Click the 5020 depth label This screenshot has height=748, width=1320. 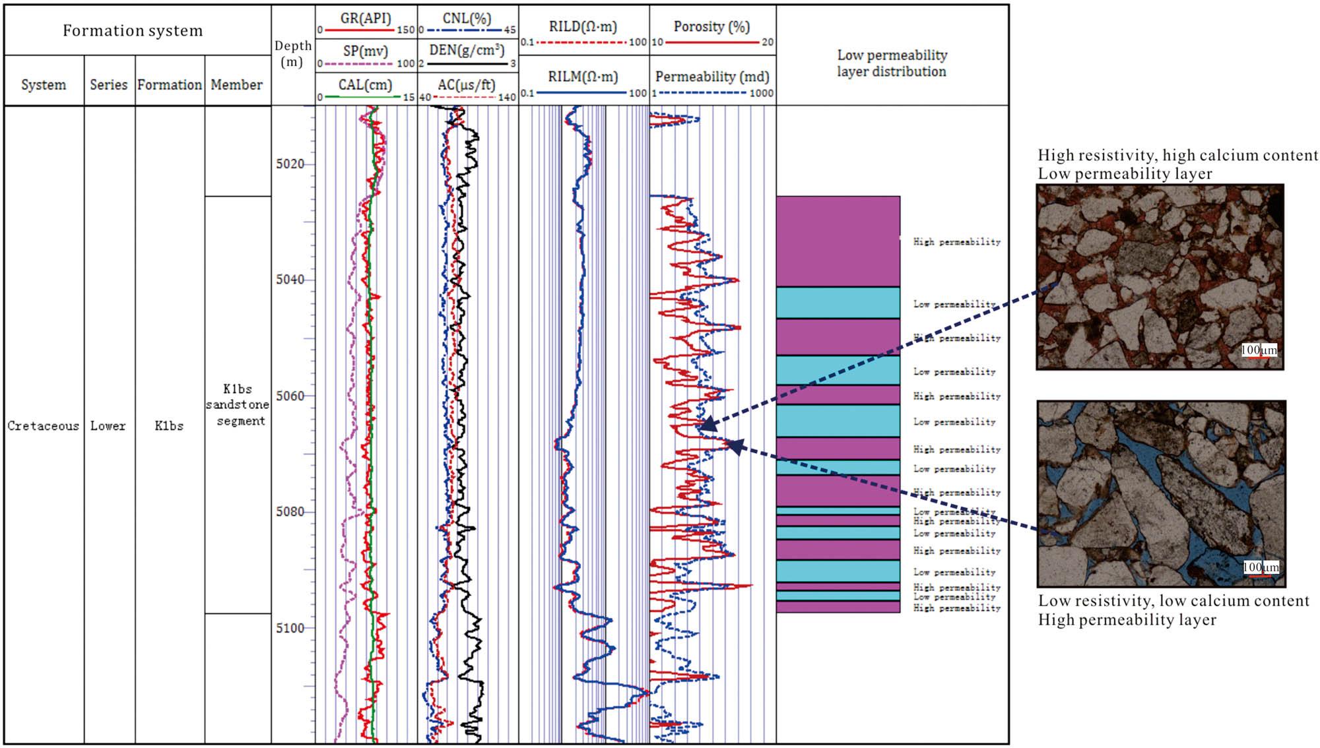pos(290,164)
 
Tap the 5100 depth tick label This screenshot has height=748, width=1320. pos(290,628)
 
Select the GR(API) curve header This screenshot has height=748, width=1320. pos(366,18)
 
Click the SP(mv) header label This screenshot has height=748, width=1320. pos(365,51)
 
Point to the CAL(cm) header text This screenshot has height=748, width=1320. pos(365,84)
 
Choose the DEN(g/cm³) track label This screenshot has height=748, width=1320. pos(467,50)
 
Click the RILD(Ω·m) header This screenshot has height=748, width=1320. pos(583,26)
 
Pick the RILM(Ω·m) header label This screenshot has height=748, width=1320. pos(583,77)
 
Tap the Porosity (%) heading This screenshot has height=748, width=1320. pos(711,26)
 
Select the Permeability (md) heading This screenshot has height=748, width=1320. pos(712,77)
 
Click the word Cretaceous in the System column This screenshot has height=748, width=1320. pos(43,426)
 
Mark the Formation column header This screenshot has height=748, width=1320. pos(170,84)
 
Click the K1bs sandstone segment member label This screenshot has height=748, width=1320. pos(238,404)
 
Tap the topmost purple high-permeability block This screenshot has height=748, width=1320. pos(838,241)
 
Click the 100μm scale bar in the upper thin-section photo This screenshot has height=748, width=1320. pos(1259,350)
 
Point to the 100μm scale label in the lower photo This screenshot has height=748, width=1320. pos(1261,567)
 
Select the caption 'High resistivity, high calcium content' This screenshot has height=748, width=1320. pos(1177,155)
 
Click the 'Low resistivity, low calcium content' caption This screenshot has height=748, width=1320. pos(1173,601)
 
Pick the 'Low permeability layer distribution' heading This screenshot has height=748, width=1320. pos(892,63)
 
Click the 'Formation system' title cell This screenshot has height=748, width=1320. pos(133,30)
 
